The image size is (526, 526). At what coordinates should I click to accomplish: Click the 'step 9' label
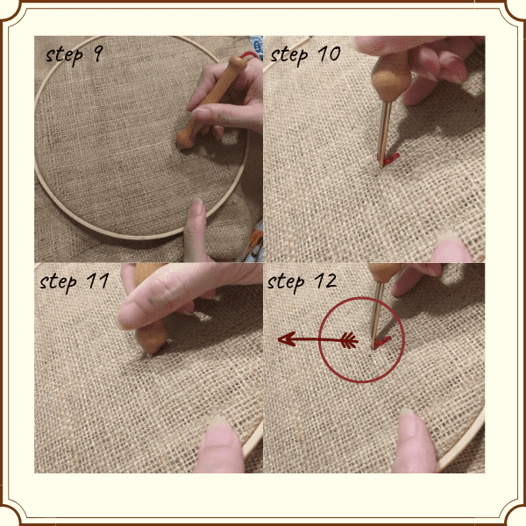(75, 56)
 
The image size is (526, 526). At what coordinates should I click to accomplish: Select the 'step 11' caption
(75, 282)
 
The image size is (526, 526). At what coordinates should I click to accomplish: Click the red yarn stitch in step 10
(390, 159)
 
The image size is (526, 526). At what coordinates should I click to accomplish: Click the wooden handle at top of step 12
(383, 273)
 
